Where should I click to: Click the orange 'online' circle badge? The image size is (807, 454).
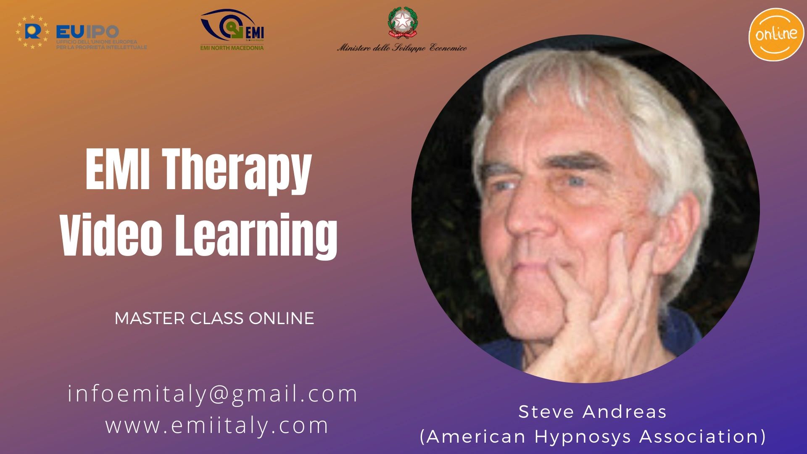(x=776, y=34)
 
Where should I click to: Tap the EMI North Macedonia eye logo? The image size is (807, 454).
(x=232, y=28)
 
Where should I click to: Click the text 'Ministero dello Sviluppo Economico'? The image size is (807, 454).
(x=402, y=48)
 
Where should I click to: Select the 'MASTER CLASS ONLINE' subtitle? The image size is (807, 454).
(x=214, y=319)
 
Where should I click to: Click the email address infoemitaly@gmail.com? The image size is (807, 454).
(x=213, y=394)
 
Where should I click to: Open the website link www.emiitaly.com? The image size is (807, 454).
(x=217, y=425)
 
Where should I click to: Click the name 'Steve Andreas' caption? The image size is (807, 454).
(x=593, y=412)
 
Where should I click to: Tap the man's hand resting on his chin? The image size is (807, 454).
(x=605, y=303)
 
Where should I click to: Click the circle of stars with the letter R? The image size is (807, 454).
(x=32, y=32)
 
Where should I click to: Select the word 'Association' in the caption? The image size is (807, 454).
(x=702, y=437)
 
